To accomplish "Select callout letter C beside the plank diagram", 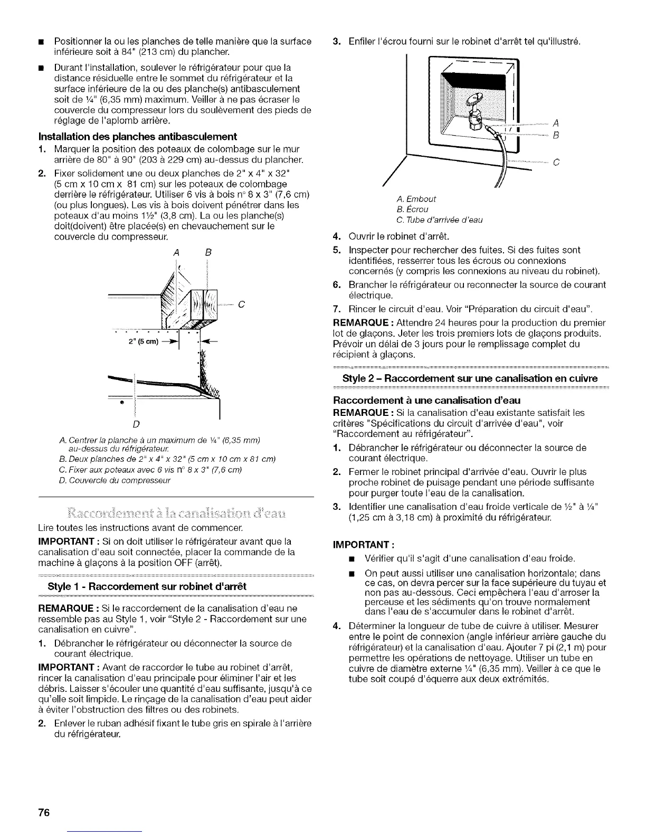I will [x=240, y=304].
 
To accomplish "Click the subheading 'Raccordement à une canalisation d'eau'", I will [x=424, y=401].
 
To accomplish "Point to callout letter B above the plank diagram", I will [x=208, y=252].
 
